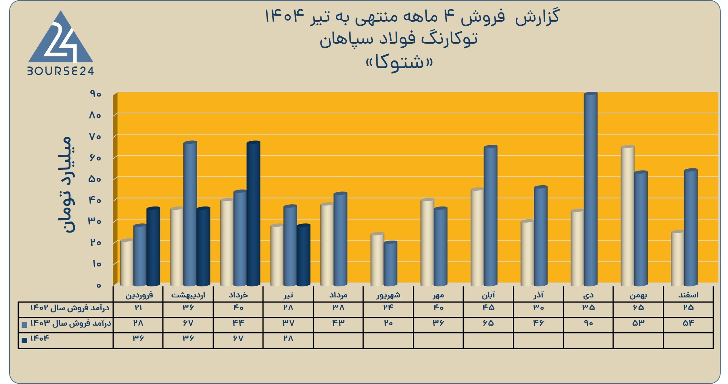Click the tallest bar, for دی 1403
[x=591, y=189]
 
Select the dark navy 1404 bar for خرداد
[x=253, y=213]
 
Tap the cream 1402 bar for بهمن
[x=628, y=216]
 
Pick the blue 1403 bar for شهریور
[x=390, y=264]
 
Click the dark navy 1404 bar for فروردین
[x=153, y=246]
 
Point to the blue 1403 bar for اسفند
[x=691, y=228]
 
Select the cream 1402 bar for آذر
[x=527, y=253]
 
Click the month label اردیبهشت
[x=188, y=295]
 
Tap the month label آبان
[x=488, y=295]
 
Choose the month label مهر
[x=438, y=295]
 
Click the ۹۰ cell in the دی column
[x=588, y=323]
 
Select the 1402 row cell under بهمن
[x=638, y=308]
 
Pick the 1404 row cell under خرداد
[x=238, y=339]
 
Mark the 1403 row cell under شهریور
[x=388, y=323]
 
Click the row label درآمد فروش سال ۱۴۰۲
[x=70, y=308]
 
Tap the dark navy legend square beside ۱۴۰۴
[x=25, y=340]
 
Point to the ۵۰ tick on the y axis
[x=95, y=179]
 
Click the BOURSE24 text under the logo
[x=61, y=71]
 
